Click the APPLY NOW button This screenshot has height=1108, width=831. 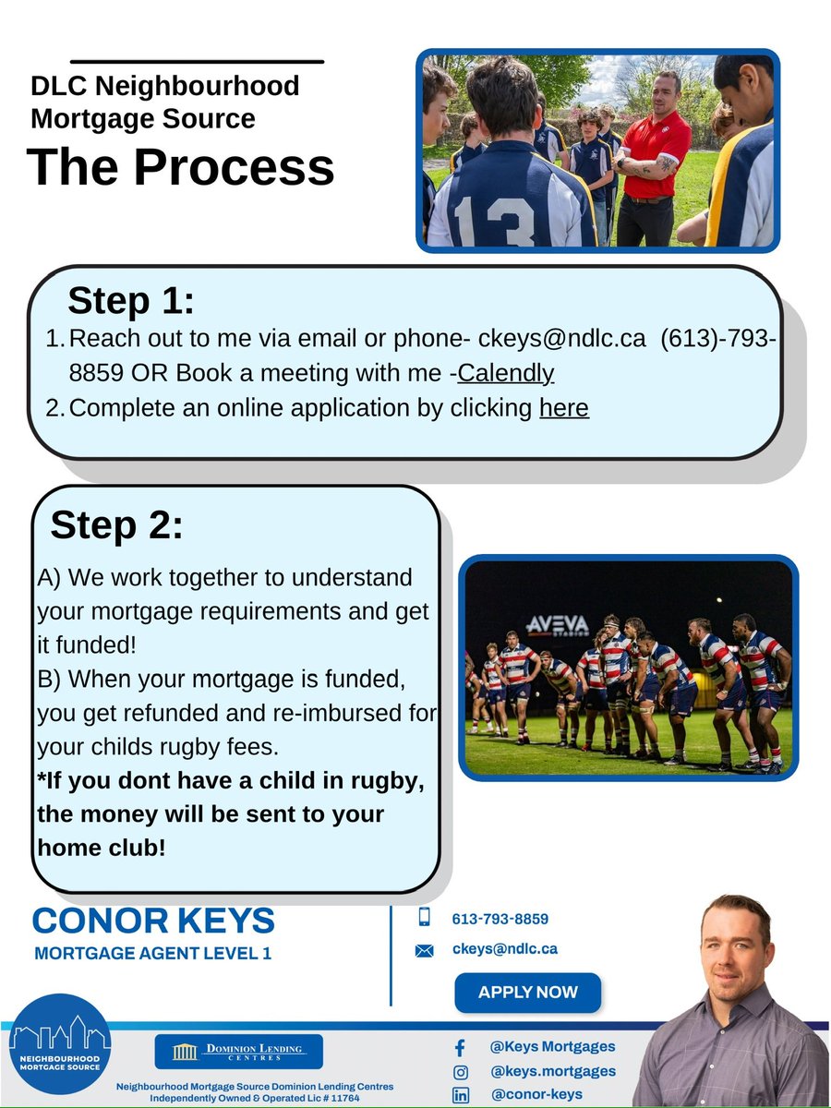[527, 993]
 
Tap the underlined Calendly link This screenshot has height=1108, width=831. [506, 373]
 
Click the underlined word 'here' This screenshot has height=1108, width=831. [563, 407]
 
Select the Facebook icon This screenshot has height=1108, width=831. [460, 1048]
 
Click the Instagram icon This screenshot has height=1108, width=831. [460, 1072]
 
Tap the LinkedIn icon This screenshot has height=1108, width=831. [460, 1095]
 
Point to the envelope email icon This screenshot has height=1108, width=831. [425, 950]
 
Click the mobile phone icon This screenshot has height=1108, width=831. [425, 917]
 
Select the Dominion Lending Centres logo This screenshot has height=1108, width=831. [239, 1052]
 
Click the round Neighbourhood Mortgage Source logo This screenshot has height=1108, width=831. [60, 1043]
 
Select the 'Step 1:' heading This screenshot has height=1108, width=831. [131, 301]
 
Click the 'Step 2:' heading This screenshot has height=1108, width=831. [117, 525]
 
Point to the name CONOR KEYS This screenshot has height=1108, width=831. [153, 921]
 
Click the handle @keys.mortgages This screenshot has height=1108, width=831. [552, 1071]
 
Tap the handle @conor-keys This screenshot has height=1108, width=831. [536, 1094]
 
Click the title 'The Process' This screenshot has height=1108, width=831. [181, 167]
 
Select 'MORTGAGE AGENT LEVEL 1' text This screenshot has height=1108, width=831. [152, 953]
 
